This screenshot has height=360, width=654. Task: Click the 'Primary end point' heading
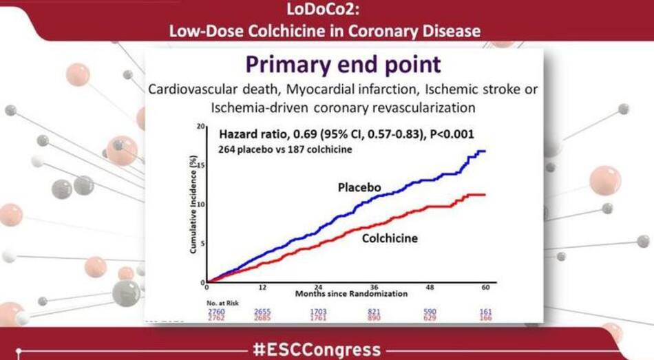(343, 66)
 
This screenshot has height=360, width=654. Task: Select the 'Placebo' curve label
(359, 188)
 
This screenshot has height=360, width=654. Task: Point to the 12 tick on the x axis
(262, 287)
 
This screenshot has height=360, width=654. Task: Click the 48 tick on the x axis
(430, 287)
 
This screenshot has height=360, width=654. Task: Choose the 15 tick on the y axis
(201, 166)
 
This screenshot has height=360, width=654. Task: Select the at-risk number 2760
(216, 310)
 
